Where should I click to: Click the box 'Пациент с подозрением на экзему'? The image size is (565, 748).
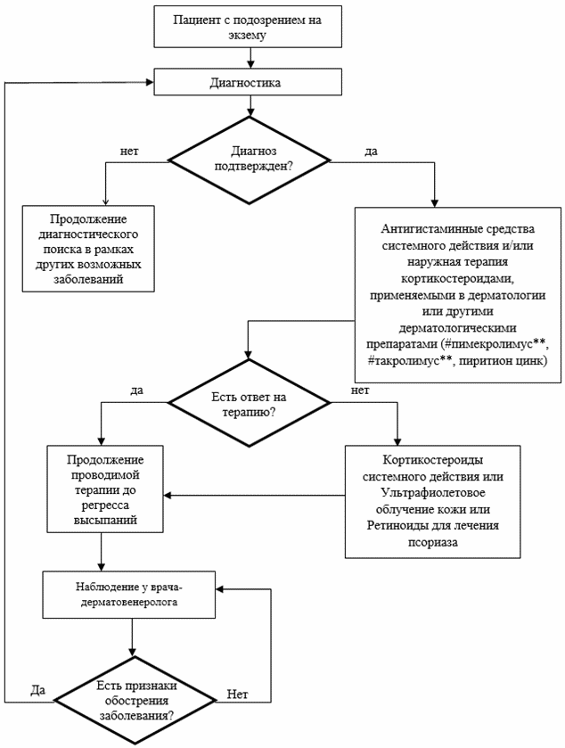[x=248, y=27]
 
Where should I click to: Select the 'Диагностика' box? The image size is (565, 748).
[x=248, y=82]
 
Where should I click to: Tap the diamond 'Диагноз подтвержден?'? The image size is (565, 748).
[x=250, y=160]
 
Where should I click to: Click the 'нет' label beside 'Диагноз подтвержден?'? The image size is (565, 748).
[x=128, y=152]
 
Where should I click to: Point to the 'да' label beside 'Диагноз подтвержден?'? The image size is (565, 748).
[x=371, y=152]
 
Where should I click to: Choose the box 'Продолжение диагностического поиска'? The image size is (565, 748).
[x=88, y=249]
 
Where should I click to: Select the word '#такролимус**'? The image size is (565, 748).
[x=409, y=361]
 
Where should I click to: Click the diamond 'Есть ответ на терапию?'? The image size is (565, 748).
[x=250, y=403]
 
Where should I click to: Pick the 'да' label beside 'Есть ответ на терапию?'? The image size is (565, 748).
[x=137, y=390]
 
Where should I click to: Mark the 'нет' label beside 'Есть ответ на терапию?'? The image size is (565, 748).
[x=360, y=390]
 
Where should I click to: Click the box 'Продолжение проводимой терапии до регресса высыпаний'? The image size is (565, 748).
[x=105, y=489]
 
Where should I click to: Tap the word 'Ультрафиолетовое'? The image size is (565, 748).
[x=433, y=493]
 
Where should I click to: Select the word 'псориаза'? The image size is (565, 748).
[x=433, y=542]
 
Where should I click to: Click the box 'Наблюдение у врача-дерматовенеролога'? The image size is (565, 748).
[x=128, y=595]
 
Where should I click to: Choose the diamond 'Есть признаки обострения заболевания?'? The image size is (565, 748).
[x=135, y=700]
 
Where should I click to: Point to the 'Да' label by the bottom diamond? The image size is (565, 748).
[x=38, y=690]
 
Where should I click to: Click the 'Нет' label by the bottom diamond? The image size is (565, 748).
[x=237, y=695]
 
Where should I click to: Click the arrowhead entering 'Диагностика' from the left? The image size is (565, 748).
[x=150, y=82]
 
